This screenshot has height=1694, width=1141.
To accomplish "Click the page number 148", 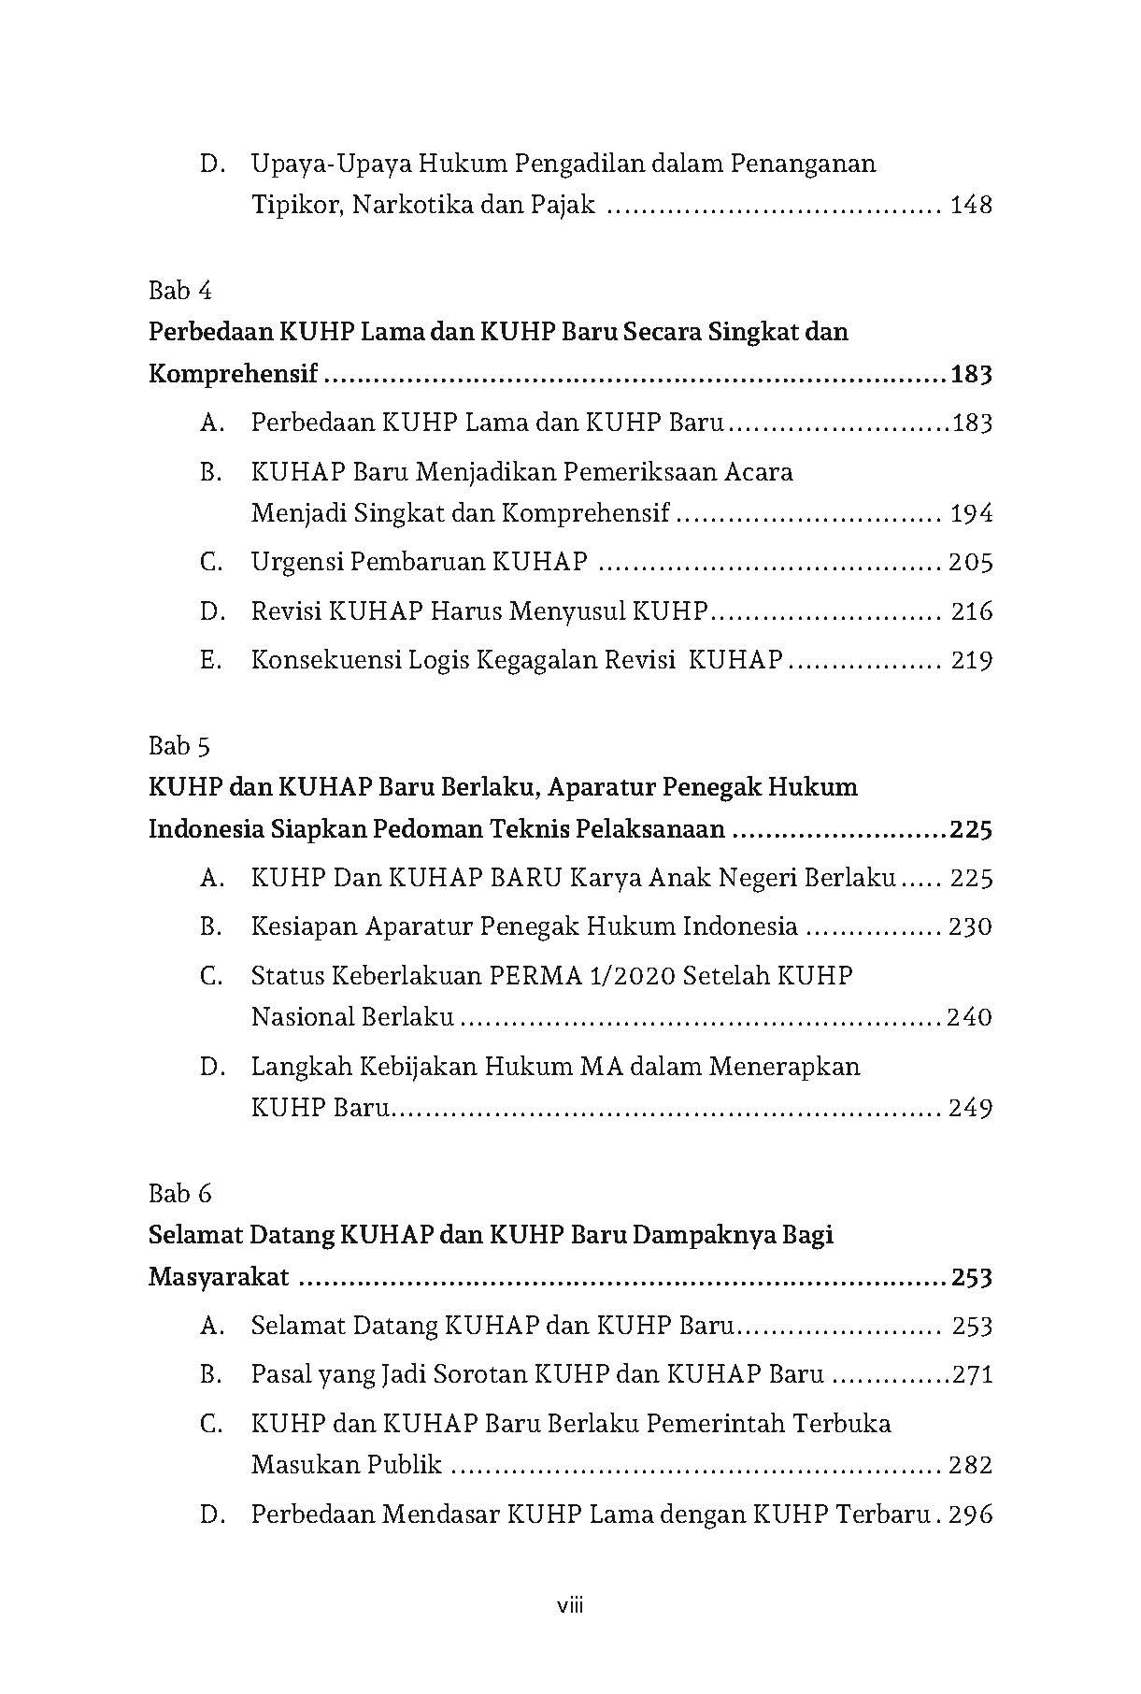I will [x=970, y=205].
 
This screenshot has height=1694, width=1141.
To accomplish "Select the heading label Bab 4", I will [x=179, y=291].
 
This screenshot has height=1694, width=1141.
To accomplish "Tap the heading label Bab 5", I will [x=179, y=746].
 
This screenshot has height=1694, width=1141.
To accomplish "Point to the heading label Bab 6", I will [x=179, y=1194].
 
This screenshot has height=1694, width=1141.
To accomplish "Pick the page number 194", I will [x=970, y=513].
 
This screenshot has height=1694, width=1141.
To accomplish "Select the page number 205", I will [x=970, y=563].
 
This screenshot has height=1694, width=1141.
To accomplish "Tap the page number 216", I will [x=971, y=611].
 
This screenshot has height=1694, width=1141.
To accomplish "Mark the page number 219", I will [x=971, y=660].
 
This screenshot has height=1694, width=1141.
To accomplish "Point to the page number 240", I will [x=969, y=1017].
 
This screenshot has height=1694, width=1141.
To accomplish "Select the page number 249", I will [x=970, y=1108].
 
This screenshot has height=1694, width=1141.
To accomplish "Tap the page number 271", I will [x=972, y=1375].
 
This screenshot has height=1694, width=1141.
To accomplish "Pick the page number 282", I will [x=970, y=1465].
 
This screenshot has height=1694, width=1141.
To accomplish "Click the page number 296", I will [x=970, y=1515].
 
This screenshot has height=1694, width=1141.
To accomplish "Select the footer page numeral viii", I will [x=570, y=1607].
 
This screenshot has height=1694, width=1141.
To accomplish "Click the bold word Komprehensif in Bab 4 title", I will [x=234, y=375].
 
